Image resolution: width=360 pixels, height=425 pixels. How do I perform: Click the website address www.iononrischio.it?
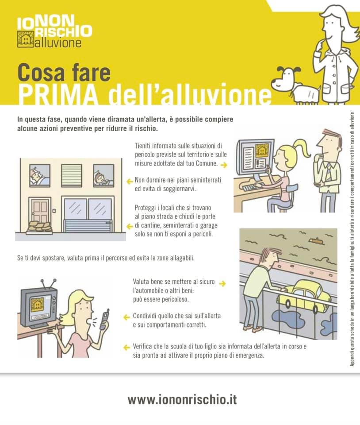point(182,400)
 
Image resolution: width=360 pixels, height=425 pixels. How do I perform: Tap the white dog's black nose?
point(273,82)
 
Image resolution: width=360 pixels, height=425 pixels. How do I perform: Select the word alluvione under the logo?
point(58,43)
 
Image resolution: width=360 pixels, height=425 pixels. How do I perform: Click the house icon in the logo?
point(26,39)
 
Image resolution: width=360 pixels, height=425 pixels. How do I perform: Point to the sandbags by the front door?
point(39,227)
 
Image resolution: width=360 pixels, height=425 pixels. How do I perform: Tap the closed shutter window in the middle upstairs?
point(72,175)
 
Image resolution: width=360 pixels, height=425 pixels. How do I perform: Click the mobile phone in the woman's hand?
point(105,319)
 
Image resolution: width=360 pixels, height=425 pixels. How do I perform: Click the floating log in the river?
point(317,241)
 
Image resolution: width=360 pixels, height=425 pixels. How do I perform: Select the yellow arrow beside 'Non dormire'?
point(130,182)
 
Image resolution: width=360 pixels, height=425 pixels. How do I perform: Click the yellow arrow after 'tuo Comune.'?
point(224,165)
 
